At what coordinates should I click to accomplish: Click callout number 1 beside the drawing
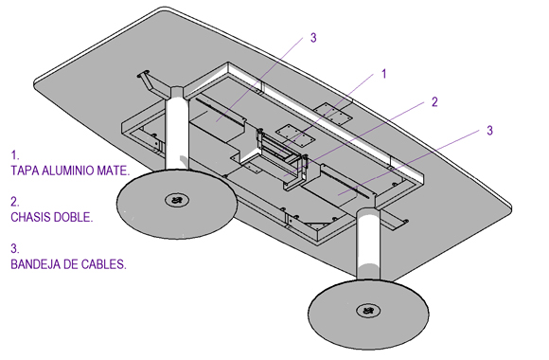(383, 74)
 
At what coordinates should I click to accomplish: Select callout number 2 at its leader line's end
(434, 102)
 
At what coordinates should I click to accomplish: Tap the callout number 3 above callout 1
(313, 38)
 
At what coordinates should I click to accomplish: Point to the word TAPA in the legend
(25, 171)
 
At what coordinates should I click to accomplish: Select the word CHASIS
(32, 217)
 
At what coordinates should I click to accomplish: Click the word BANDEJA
(35, 264)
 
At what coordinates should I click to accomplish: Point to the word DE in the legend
(70, 264)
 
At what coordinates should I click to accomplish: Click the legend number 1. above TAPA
(14, 155)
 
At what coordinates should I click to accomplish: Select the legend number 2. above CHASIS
(15, 202)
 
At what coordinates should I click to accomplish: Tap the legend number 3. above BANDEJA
(15, 248)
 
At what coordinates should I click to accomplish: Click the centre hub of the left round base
(177, 200)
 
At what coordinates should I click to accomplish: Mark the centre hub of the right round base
(368, 310)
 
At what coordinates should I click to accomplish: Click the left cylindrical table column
(177, 130)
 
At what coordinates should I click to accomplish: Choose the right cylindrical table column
(368, 245)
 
